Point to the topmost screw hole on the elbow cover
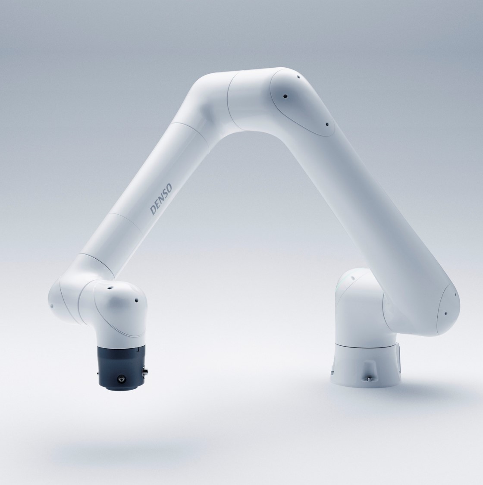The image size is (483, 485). click(297, 78)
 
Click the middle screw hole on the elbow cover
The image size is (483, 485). click(284, 96)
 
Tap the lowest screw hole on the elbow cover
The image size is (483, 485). click(327, 124)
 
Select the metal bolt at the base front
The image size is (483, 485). click(370, 379)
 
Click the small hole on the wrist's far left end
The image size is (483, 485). click(51, 306)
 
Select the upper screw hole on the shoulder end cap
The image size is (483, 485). click(455, 295)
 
